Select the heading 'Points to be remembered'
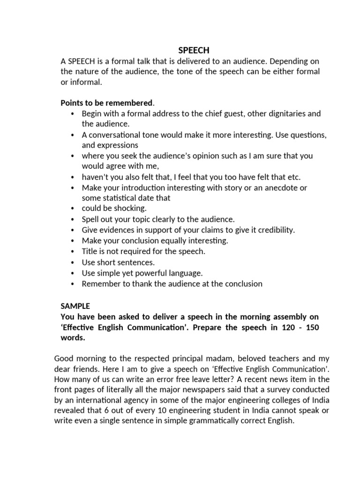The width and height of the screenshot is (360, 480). click(x=107, y=103)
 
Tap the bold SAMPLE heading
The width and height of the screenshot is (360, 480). click(x=75, y=305)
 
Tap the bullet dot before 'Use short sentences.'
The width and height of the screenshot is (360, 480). click(x=72, y=262)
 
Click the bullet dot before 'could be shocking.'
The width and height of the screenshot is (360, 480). click(x=72, y=209)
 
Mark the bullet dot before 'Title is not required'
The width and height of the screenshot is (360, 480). click(x=72, y=252)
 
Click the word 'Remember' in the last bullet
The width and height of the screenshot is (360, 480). click(x=99, y=284)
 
